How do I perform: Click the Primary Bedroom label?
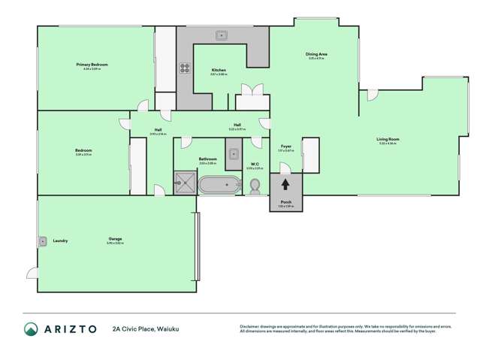pyautogui.click(x=92, y=65)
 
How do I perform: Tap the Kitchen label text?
pyautogui.click(x=218, y=70)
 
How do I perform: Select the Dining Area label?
pyautogui.click(x=315, y=54)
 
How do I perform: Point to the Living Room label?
pyautogui.click(x=388, y=139)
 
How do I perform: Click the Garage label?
pyautogui.click(x=114, y=239)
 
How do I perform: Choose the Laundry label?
pyautogui.click(x=60, y=241)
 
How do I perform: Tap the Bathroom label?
pyautogui.click(x=207, y=159)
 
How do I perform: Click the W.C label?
pyautogui.click(x=255, y=164)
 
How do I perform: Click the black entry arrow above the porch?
pyautogui.click(x=285, y=184)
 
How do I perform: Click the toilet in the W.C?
pyautogui.click(x=255, y=184)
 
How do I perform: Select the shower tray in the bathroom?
pyautogui.click(x=184, y=180)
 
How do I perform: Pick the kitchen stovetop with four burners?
pyautogui.click(x=184, y=68)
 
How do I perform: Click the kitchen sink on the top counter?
pyautogui.click(x=222, y=35)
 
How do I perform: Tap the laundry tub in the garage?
pyautogui.click(x=43, y=241)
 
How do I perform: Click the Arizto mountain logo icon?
pyautogui.click(x=31, y=328)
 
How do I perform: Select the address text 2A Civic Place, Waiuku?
pyautogui.click(x=146, y=328)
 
